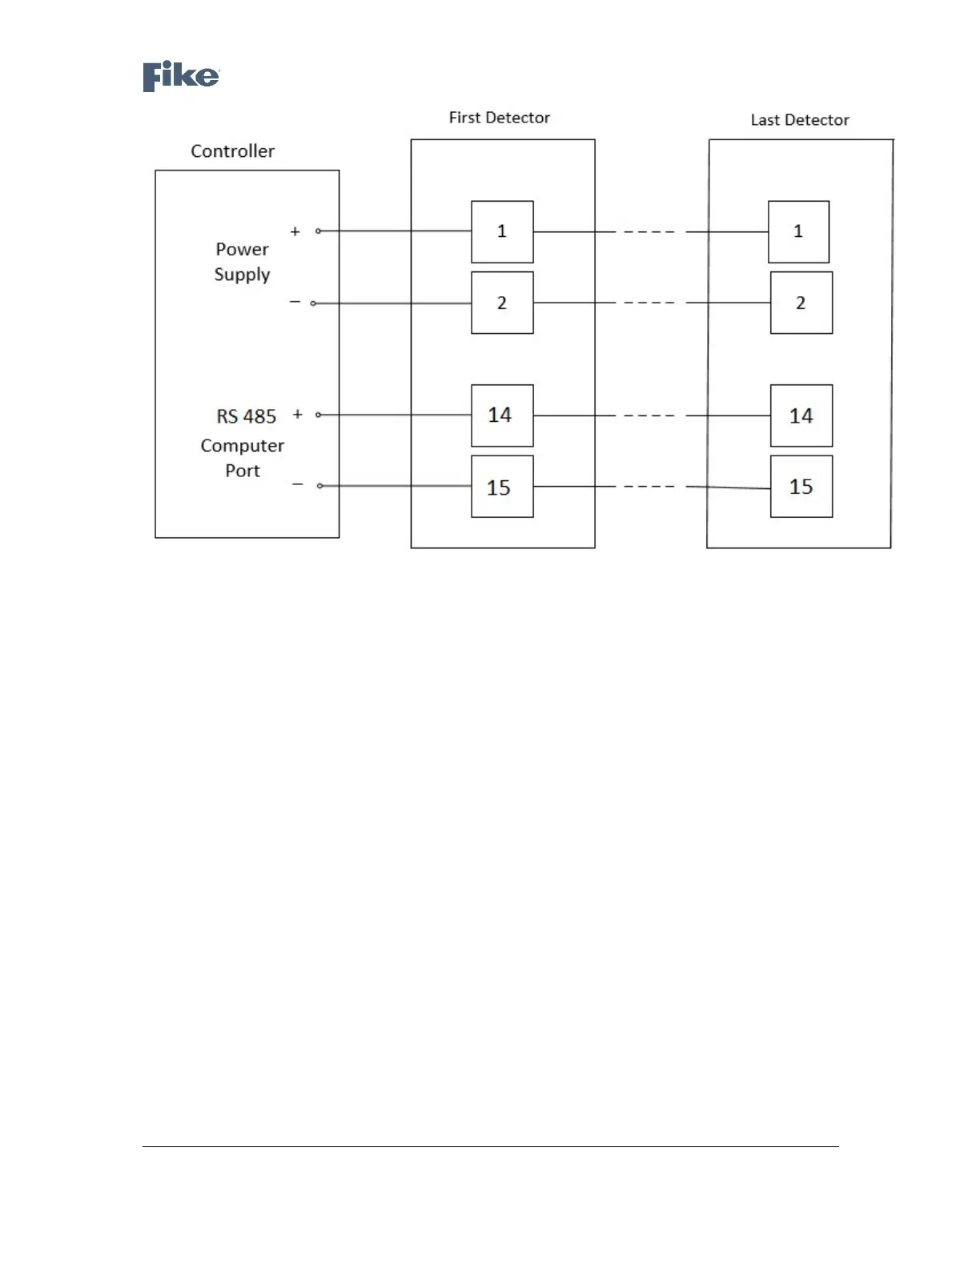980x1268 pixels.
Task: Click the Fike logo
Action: (181, 77)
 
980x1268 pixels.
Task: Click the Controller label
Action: (232, 151)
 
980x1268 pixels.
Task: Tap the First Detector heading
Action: (499, 118)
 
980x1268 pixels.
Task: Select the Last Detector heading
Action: (799, 120)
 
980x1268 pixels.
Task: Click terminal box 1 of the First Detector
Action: (502, 232)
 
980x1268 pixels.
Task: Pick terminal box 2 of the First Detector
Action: (502, 303)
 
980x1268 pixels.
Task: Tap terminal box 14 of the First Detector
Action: (502, 415)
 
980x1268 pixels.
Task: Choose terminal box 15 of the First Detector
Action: (502, 487)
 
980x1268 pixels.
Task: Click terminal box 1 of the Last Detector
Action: (798, 232)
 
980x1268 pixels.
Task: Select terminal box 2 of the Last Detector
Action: (801, 303)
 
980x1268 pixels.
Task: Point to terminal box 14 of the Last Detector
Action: (801, 415)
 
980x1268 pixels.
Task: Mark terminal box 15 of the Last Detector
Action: (801, 487)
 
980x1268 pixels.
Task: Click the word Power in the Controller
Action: (242, 250)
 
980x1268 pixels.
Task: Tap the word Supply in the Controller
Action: (242, 275)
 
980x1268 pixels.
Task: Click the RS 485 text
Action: (246, 416)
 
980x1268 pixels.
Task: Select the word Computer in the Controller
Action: (242, 446)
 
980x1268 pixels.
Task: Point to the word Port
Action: (242, 471)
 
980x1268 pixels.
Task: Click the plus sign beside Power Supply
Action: (295, 231)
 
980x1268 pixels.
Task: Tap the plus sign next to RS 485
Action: (298, 415)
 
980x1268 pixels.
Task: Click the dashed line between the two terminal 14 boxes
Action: (650, 416)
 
